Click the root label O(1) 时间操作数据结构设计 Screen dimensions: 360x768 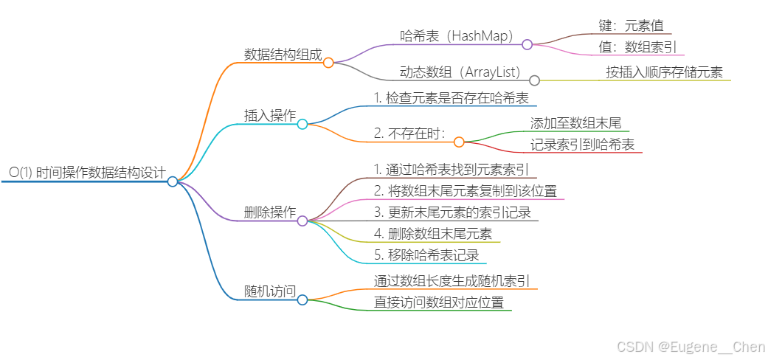point(87,172)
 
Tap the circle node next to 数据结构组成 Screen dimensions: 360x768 point(328,63)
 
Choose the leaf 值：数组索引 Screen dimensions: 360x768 point(635,46)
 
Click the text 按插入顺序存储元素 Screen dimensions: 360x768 point(664,72)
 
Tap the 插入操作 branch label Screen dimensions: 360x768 point(270,116)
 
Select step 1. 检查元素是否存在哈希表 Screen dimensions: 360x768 point(450,97)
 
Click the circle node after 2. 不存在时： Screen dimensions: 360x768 point(459,142)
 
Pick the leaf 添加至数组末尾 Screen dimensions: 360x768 point(575,122)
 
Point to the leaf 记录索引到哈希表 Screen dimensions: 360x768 point(582,145)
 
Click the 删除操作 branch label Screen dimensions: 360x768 point(270,212)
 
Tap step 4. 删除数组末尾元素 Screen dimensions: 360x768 point(432,234)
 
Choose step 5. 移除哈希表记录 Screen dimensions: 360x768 point(426,255)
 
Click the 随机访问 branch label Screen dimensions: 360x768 point(270,291)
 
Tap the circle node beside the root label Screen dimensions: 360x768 point(173,181)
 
